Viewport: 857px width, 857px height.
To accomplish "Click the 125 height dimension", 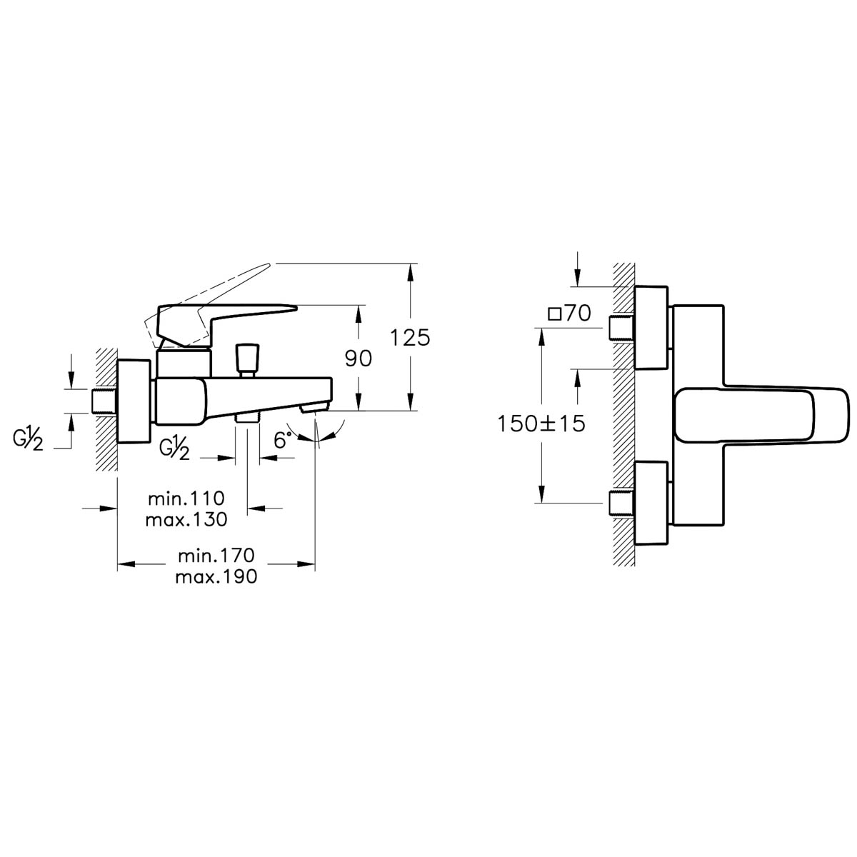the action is click(x=410, y=338).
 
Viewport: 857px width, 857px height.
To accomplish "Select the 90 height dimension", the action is click(x=358, y=358).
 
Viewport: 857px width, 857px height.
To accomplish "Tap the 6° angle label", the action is click(x=283, y=440).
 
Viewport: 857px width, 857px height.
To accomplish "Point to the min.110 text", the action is click(x=186, y=498).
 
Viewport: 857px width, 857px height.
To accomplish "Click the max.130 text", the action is click(x=186, y=519).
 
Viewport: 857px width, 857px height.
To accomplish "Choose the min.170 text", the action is click(x=216, y=556).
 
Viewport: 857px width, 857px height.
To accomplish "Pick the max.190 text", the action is click(x=216, y=577).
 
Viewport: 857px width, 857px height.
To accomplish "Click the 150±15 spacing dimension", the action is click(x=541, y=424).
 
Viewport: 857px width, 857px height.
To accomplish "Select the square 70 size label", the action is click(x=570, y=313).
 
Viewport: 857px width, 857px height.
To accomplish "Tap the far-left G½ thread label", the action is click(x=28, y=438).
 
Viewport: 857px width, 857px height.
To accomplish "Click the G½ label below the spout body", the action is click(x=174, y=447).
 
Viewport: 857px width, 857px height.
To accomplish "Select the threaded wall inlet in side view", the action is click(x=104, y=401).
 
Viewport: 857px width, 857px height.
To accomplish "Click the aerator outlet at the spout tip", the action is click(x=314, y=406).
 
